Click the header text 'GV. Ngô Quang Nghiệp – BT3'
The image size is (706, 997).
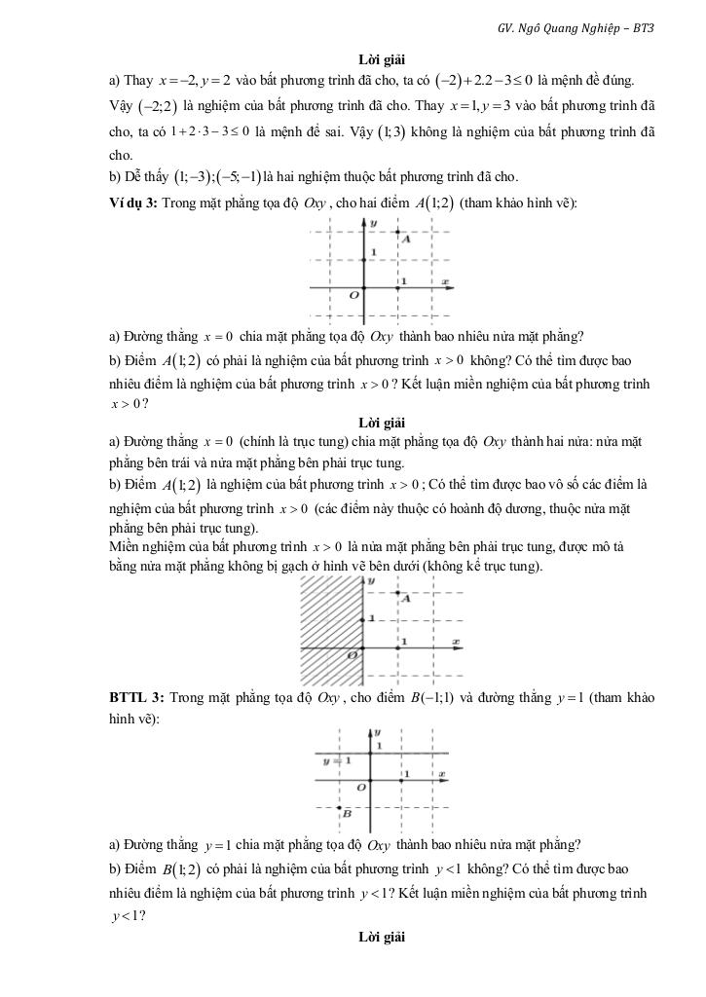pos(575,28)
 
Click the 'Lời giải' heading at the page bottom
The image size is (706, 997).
pos(380,937)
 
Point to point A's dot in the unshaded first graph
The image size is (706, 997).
pos(398,232)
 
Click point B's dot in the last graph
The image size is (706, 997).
pos(338,808)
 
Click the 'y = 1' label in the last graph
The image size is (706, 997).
pos(337,760)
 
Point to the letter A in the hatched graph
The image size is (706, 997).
pos(407,599)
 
